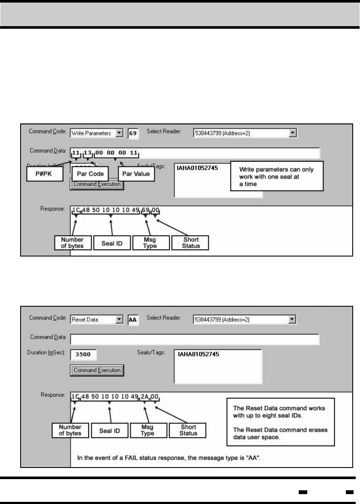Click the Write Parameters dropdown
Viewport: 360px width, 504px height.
click(x=97, y=133)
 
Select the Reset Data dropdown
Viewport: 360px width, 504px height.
click(x=97, y=320)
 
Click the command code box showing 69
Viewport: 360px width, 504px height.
click(x=133, y=133)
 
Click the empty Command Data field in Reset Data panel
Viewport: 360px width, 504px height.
click(x=195, y=339)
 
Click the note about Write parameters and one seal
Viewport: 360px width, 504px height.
click(x=276, y=175)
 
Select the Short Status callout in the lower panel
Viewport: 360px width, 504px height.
click(x=189, y=430)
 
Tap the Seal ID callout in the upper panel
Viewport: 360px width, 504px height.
click(x=111, y=243)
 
